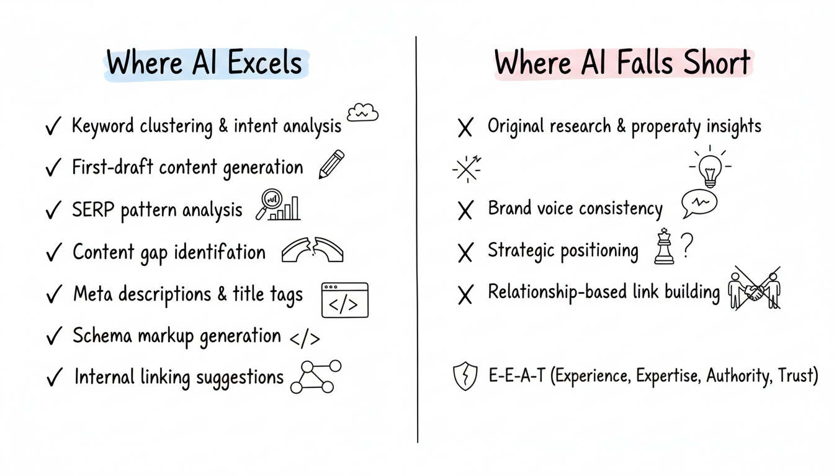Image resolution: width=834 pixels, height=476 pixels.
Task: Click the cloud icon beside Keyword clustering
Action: pyautogui.click(x=362, y=112)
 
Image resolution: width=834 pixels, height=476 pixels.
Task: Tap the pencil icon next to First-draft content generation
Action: pyautogui.click(x=331, y=164)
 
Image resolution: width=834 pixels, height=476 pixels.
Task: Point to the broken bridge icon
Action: pyautogui.click(x=312, y=250)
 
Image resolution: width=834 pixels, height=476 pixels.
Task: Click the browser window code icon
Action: pyautogui.click(x=344, y=300)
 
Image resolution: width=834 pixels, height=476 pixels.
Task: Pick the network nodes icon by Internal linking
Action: pyautogui.click(x=316, y=376)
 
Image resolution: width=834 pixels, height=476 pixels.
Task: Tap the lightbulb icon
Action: pyautogui.click(x=710, y=166)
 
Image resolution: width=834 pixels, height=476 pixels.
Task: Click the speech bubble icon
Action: pyautogui.click(x=699, y=203)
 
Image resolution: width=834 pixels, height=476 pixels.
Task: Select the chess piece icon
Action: pyautogui.click(x=664, y=247)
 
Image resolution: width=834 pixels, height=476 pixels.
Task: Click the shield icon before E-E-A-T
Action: pyautogui.click(x=466, y=377)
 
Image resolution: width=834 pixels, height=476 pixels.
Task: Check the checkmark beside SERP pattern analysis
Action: pyautogui.click(x=53, y=211)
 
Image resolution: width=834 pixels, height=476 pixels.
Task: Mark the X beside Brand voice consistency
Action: pyautogui.click(x=465, y=211)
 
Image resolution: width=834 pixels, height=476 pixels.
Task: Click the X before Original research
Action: pyautogui.click(x=465, y=128)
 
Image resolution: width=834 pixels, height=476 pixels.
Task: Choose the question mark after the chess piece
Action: pyautogui.click(x=686, y=246)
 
